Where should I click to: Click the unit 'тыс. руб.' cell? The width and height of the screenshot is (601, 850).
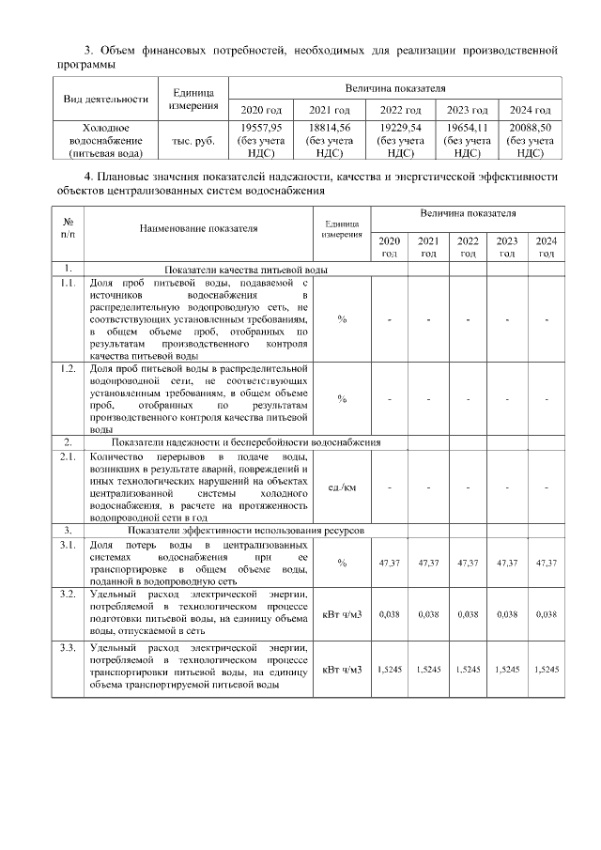[x=195, y=140]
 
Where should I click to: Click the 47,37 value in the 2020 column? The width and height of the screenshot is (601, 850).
[x=389, y=563]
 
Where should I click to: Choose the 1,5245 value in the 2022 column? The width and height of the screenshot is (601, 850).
[x=468, y=669]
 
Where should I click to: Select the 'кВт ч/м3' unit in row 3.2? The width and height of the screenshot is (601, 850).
[x=342, y=614]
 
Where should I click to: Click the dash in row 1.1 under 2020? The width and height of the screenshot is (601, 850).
[x=389, y=319]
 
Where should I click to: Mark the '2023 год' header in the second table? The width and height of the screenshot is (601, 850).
[x=507, y=247]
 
